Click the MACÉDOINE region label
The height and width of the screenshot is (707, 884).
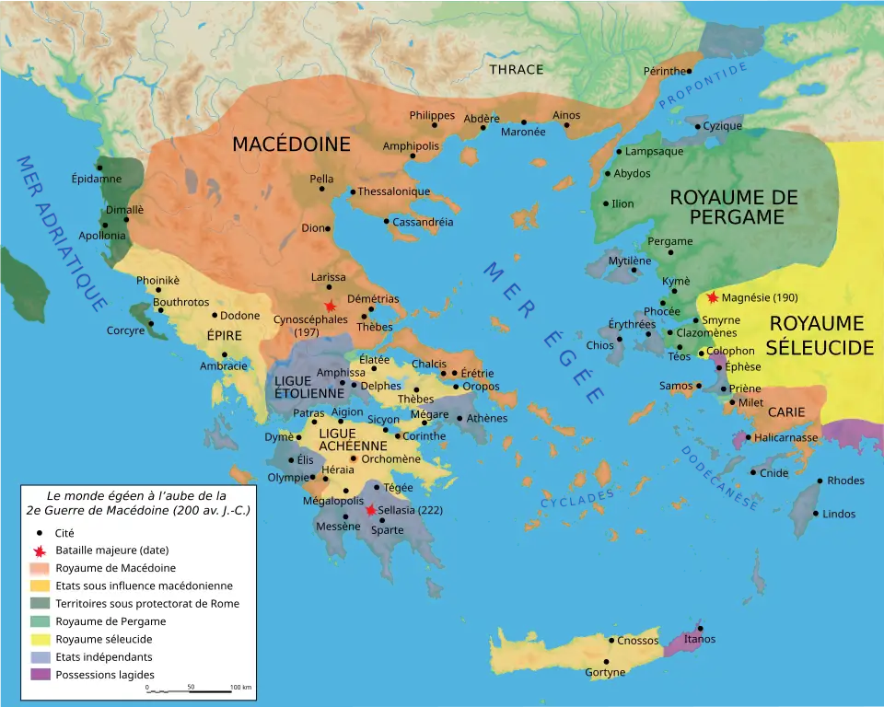coord(291,145)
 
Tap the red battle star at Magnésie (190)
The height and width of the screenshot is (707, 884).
coord(712,297)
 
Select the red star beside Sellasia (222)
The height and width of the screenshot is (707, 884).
coord(370,510)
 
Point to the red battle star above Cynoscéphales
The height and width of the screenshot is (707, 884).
coord(329,306)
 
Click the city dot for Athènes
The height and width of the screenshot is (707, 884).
coord(459,418)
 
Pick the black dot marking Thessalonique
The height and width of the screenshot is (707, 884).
coord(352,192)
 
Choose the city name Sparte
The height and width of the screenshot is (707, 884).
coord(387,530)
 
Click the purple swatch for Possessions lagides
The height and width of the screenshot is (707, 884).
coord(41,674)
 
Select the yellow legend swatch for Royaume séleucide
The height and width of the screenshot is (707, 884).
coord(41,639)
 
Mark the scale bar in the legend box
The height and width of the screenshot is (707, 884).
coord(189,690)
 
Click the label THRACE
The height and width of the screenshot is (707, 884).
coord(516,69)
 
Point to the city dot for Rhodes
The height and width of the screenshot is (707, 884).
coord(820,481)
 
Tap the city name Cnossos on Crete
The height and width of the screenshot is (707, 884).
coord(638,640)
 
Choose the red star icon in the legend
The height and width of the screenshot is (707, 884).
coord(39,551)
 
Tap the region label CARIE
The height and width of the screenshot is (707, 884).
coord(786,411)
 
